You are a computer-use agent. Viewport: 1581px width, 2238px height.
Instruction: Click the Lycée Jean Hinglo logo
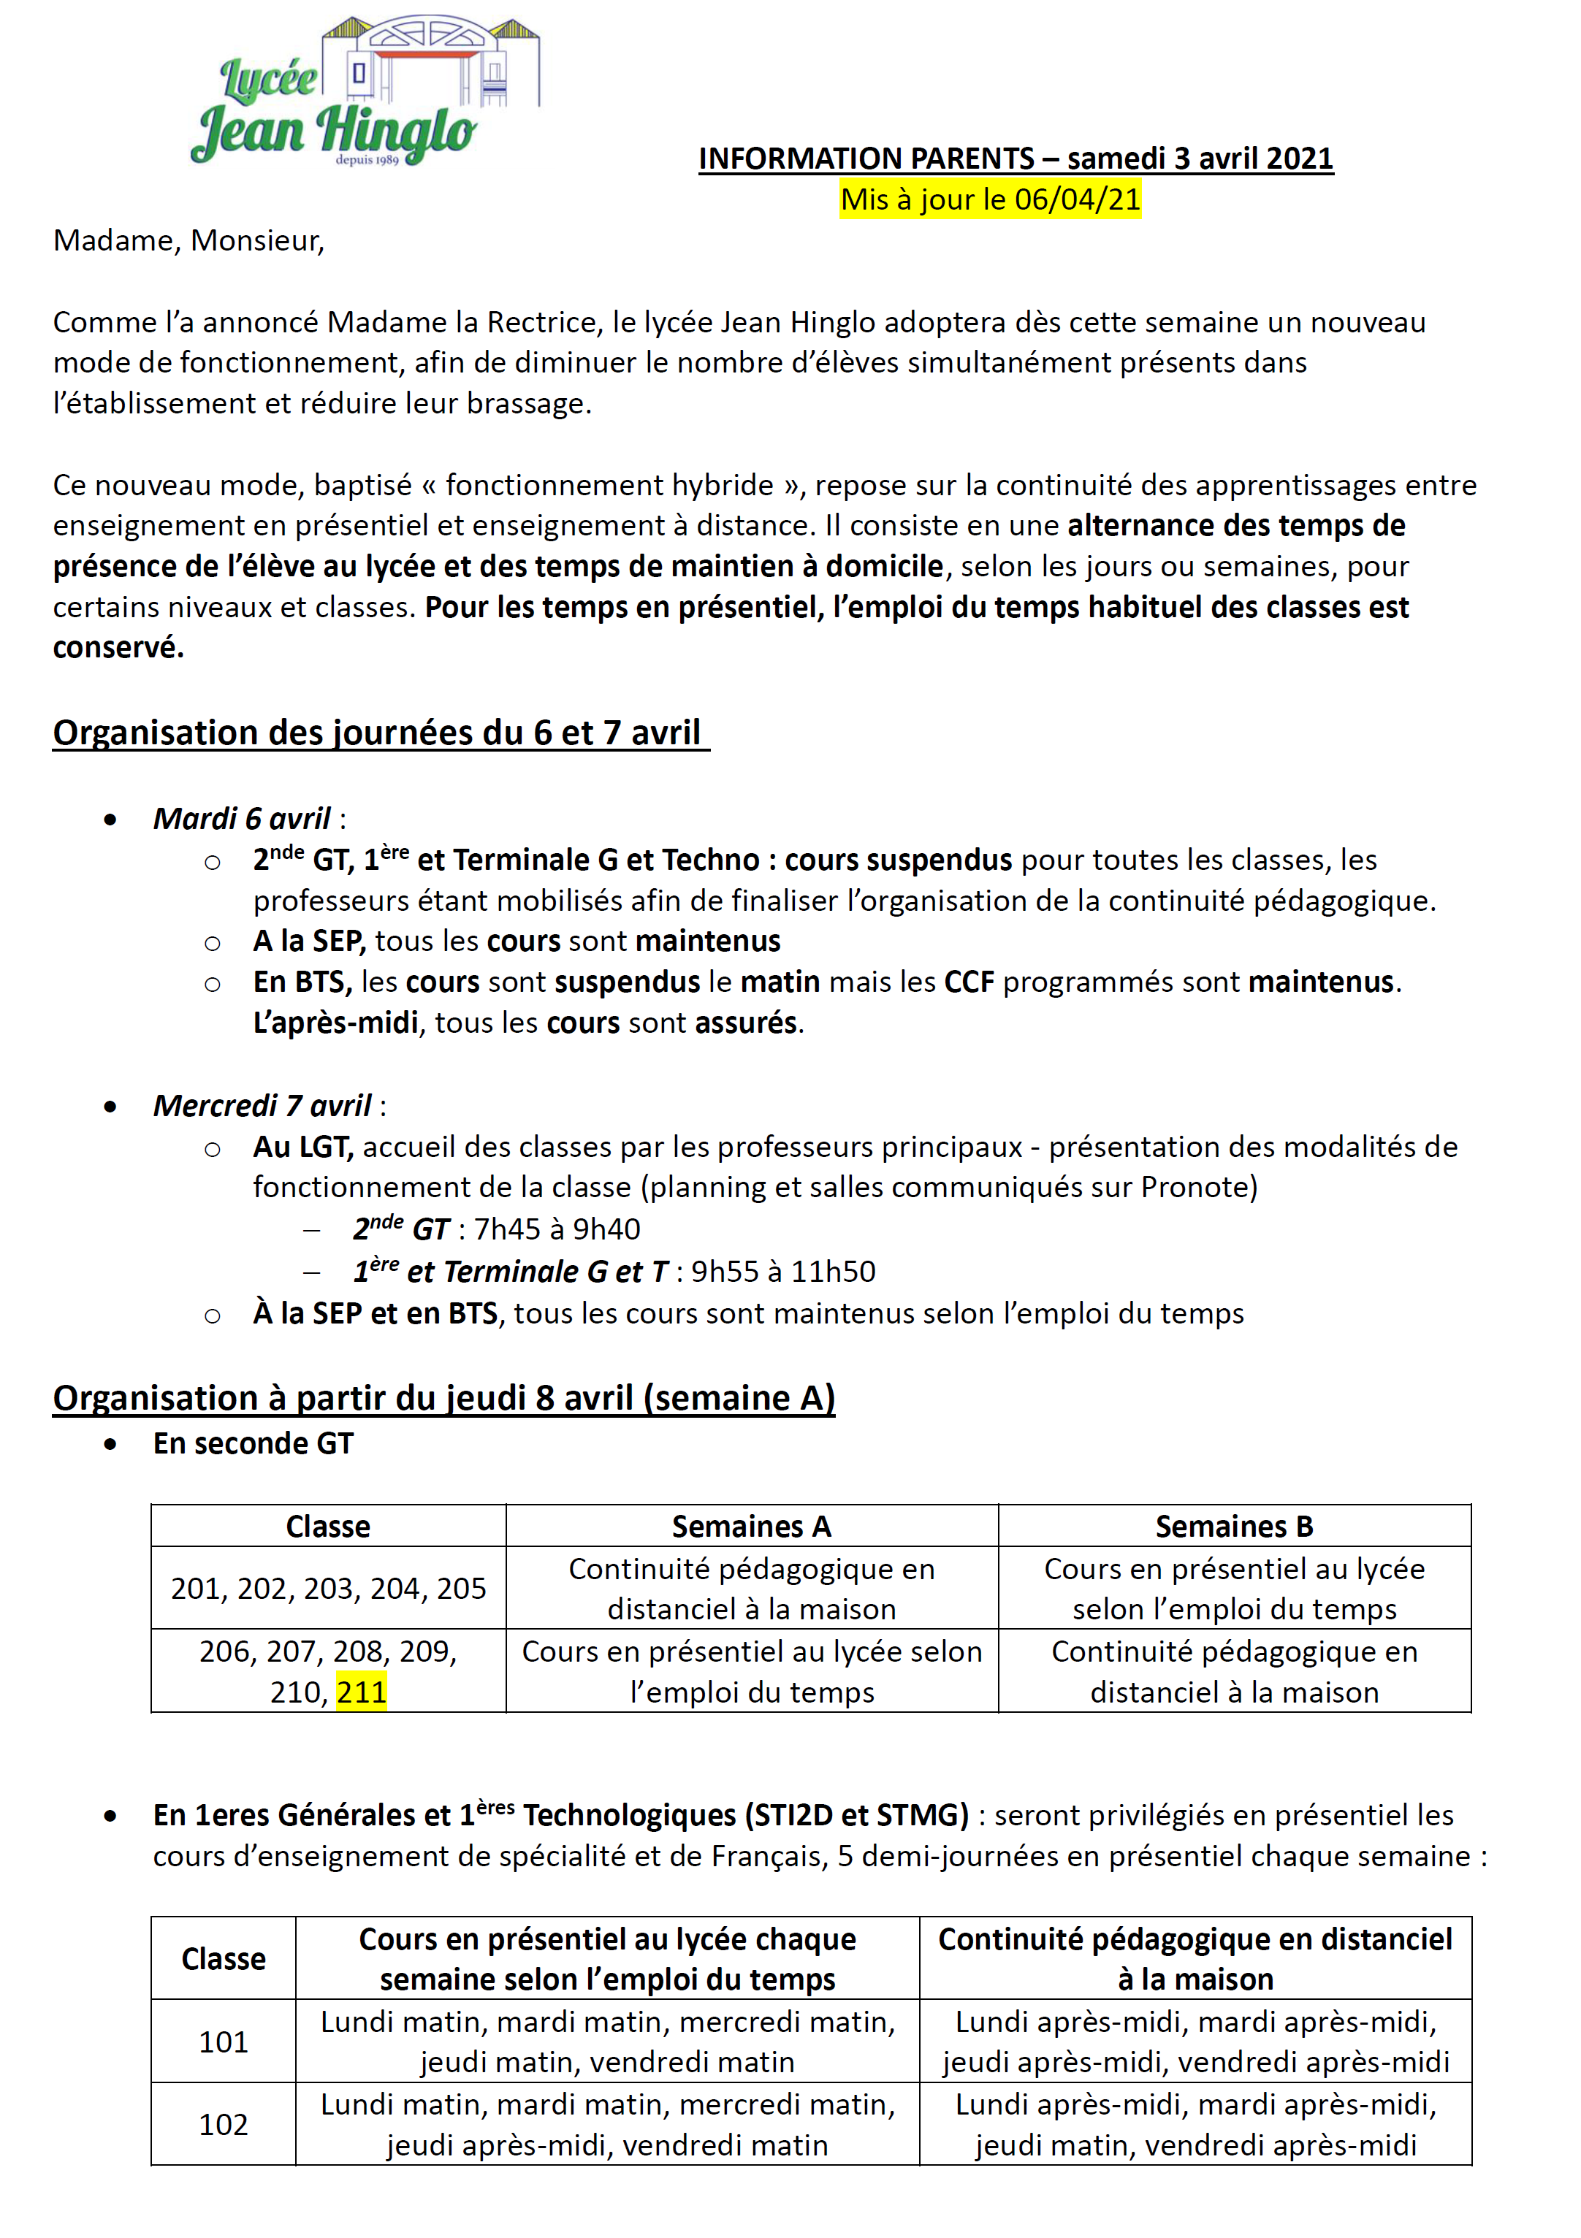pyautogui.click(x=365, y=93)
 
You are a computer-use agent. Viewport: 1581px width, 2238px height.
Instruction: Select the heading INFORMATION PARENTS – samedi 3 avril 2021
pyautogui.click(x=1015, y=158)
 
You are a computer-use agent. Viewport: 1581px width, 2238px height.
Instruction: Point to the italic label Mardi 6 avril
pyautogui.click(x=242, y=819)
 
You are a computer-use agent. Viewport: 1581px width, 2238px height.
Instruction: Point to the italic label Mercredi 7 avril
pyautogui.click(x=262, y=1105)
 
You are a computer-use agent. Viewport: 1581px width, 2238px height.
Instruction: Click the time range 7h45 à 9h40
pyautogui.click(x=557, y=1229)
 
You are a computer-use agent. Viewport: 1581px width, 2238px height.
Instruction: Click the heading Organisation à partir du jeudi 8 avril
pyautogui.click(x=443, y=1398)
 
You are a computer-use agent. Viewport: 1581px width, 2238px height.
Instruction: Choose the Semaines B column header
pyautogui.click(x=1233, y=1527)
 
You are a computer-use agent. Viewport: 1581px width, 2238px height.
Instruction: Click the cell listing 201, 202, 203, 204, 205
pyautogui.click(x=329, y=1589)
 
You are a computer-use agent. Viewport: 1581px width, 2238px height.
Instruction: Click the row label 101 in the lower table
pyautogui.click(x=224, y=2042)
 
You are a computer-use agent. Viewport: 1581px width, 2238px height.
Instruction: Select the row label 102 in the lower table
pyautogui.click(x=224, y=2125)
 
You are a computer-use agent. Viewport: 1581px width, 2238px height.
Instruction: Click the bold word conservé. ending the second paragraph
pyautogui.click(x=118, y=647)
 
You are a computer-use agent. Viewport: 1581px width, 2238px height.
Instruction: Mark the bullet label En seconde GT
pyautogui.click(x=254, y=1443)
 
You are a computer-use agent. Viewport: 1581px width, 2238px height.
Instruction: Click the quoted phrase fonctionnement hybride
pyautogui.click(x=609, y=486)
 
